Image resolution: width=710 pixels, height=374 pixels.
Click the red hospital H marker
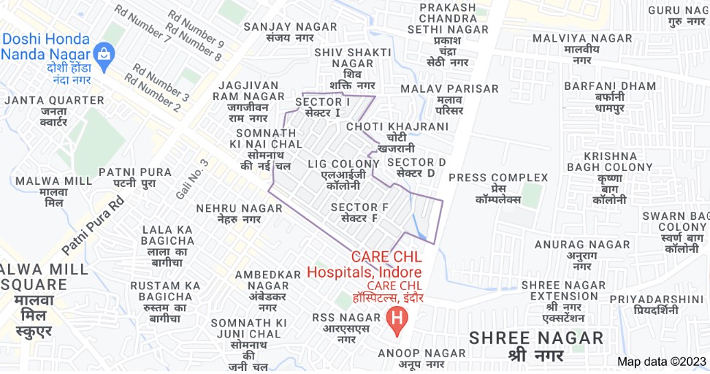click(x=397, y=319)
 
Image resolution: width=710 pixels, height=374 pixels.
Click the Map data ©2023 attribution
click(x=662, y=362)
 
